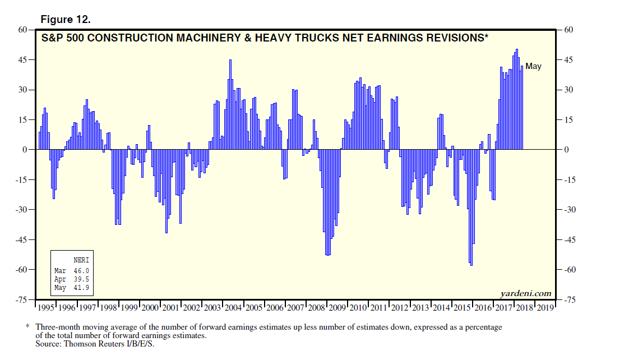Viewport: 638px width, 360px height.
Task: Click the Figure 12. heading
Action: pyautogui.click(x=66, y=20)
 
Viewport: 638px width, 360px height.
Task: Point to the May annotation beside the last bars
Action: pyautogui.click(x=533, y=66)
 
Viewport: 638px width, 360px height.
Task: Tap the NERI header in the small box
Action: pyautogui.click(x=81, y=260)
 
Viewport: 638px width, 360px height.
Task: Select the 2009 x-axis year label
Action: pyautogui.click(x=336, y=308)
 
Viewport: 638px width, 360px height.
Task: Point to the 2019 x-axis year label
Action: pyautogui.click(x=545, y=308)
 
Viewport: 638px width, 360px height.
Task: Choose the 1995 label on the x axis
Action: pyautogui.click(x=46, y=308)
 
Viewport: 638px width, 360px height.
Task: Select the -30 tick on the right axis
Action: pyautogui.click(x=568, y=210)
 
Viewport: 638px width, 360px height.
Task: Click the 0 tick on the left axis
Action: pyautogui.click(x=25, y=150)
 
